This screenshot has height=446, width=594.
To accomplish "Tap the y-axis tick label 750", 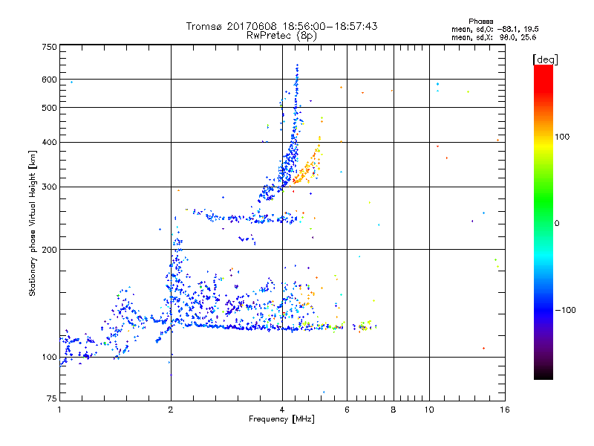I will point(50,47).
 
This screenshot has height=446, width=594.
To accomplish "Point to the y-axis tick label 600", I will point(50,80).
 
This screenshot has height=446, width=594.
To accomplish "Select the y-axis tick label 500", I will point(50,108).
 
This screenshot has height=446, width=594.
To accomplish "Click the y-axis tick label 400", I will point(50,142).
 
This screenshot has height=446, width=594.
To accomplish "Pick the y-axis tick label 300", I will point(50,187).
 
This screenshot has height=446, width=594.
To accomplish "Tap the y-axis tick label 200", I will point(50,250).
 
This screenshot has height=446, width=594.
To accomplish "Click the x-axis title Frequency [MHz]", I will point(281,419).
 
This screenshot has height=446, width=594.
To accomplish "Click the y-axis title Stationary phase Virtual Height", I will point(33,223).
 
